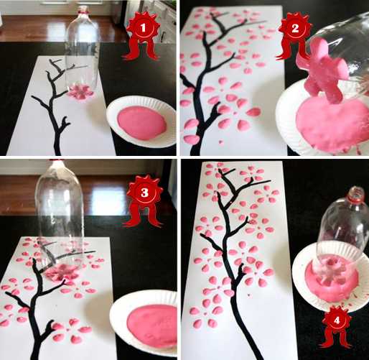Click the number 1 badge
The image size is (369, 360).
(x=143, y=28)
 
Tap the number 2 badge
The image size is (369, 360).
(x=295, y=29)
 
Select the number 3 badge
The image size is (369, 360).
(x=144, y=193)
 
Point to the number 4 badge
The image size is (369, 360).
(x=337, y=320)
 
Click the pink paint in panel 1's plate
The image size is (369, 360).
(x=142, y=123)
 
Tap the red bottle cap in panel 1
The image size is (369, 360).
(x=83, y=10)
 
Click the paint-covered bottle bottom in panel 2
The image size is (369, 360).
(x=321, y=70)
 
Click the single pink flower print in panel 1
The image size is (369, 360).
(x=80, y=91)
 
